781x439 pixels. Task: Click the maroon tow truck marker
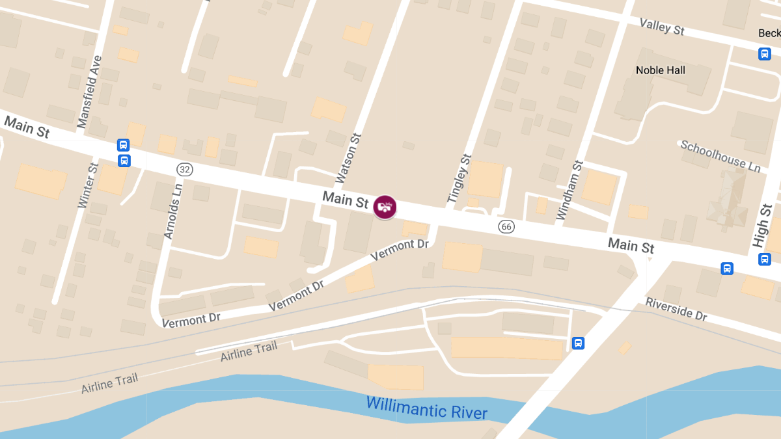(x=385, y=207)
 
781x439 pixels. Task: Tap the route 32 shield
(x=185, y=170)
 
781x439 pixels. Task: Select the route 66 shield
(x=506, y=226)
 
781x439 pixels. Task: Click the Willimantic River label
(x=426, y=408)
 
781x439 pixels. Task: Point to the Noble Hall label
(x=660, y=70)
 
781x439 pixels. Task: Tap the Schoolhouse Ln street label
(x=720, y=156)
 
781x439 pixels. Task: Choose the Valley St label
(x=662, y=27)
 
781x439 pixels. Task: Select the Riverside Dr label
(x=676, y=310)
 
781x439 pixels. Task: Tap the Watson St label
(x=347, y=158)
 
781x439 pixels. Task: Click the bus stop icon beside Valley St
(x=765, y=54)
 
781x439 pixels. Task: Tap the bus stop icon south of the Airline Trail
(x=577, y=343)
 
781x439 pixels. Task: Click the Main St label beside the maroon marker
(x=346, y=200)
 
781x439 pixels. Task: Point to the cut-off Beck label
(x=769, y=33)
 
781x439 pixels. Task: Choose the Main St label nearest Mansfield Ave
(x=27, y=127)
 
